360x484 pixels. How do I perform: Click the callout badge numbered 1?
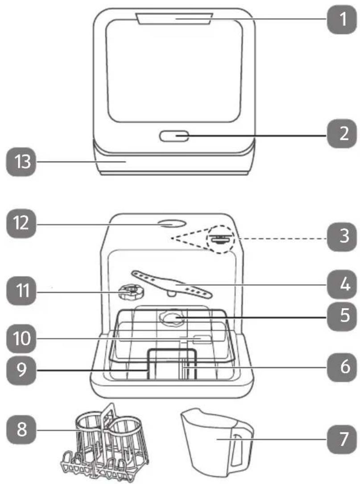coord(342,19)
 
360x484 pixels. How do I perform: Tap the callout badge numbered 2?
coord(342,134)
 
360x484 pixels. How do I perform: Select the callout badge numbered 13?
coord(21,162)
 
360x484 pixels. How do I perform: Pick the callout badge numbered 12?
coord(21,223)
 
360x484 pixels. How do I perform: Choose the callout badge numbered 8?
coord(21,430)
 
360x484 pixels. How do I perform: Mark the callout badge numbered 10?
coord(21,338)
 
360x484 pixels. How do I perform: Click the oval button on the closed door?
coord(174,136)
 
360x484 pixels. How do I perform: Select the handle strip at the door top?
coord(174,18)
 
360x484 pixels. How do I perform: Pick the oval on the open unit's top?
coord(171,223)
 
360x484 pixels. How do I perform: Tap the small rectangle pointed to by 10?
coord(202,339)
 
